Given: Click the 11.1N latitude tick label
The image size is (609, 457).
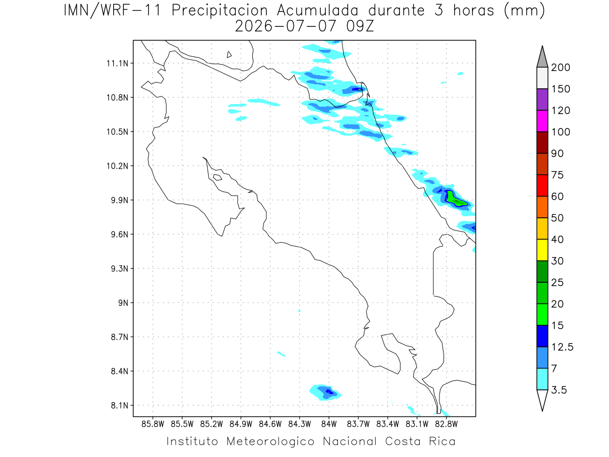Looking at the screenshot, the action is pos(117,63).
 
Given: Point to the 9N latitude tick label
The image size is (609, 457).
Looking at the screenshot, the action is pos(123,303).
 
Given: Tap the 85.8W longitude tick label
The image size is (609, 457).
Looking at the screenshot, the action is pos(153,425).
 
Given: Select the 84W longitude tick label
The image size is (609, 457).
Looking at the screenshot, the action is pos(329,425).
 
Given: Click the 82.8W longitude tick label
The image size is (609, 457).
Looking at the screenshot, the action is pos(447,425).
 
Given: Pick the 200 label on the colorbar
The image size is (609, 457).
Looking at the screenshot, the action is pos(560,68).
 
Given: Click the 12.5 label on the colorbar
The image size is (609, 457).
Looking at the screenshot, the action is pos(562,347).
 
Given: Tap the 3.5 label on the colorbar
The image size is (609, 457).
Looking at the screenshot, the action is pos(559,390).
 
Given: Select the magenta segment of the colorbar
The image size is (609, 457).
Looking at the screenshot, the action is pos(542,121).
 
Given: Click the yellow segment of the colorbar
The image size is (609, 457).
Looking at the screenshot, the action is pos(542,250).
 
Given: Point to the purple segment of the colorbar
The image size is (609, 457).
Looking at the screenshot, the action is pos(542,100).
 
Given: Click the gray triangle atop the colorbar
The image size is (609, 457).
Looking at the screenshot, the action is pos(542,59).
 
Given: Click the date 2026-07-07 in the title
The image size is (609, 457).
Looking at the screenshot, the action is pos(285,26).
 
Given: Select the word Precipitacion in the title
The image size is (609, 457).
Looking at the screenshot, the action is pos(219,11).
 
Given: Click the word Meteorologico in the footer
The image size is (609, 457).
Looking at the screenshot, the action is pos(270,441).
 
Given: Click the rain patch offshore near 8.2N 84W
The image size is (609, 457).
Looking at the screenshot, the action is pos(325,393).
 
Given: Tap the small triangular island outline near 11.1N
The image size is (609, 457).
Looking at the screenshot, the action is pos(229,55).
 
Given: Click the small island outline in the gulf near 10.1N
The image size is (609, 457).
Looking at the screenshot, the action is pos(218,177).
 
